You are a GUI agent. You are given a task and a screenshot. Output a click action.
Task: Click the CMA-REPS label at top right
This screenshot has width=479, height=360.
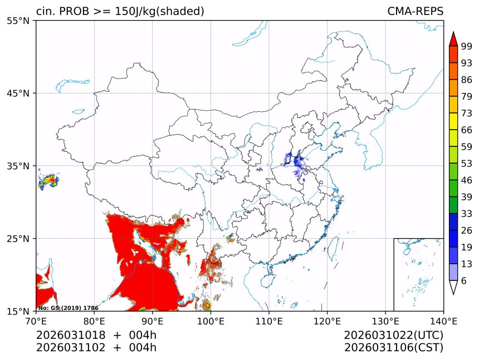pyautogui.click(x=416, y=12)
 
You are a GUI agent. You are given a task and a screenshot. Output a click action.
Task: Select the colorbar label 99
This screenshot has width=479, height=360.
pyautogui.click(x=466, y=47)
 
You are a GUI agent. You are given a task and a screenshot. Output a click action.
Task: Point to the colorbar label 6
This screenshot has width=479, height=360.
pyautogui.click(x=463, y=281)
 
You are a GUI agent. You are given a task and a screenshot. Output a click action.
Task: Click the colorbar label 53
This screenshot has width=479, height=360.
pyautogui.click(x=466, y=164)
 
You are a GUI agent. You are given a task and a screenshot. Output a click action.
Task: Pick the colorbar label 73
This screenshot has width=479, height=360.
pyautogui.click(x=466, y=114)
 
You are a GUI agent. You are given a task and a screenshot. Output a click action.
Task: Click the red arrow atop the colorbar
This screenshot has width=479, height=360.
pyautogui.click(x=453, y=39)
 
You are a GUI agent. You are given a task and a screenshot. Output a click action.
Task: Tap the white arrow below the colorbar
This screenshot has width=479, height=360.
pyautogui.click(x=453, y=287)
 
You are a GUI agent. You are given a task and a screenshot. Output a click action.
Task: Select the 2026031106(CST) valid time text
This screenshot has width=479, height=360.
pyautogui.click(x=393, y=348)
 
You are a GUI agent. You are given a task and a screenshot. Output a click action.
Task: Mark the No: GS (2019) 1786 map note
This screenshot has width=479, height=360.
pyautogui.click(x=68, y=308)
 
